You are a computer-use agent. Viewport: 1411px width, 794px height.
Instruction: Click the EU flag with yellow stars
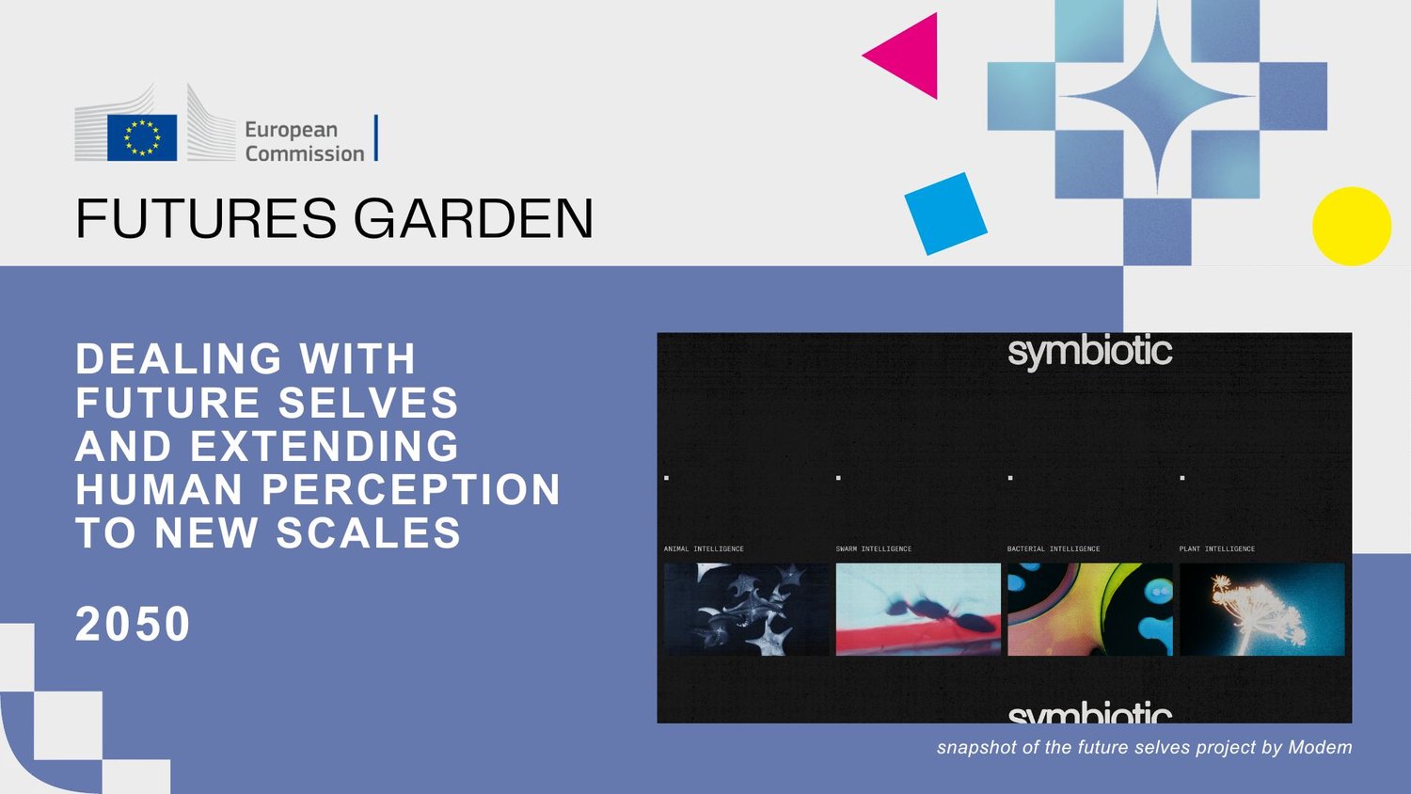[142, 137]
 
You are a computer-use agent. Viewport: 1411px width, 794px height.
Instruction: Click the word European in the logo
[291, 130]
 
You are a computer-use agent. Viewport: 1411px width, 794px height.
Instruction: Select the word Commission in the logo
[305, 153]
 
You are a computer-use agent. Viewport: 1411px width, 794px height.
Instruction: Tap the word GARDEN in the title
[473, 218]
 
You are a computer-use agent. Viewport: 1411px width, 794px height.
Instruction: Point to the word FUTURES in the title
[206, 218]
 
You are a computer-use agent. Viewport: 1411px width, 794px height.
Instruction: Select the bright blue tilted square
[945, 214]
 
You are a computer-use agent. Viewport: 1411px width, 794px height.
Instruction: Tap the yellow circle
[1352, 226]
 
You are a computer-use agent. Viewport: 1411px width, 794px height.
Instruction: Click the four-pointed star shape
[1157, 97]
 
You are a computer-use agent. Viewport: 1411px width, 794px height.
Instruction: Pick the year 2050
[133, 624]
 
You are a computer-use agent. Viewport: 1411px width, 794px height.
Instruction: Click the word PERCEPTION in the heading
[411, 489]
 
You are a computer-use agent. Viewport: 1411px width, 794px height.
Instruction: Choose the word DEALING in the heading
[179, 358]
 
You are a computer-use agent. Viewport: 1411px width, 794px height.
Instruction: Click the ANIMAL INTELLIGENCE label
[704, 548]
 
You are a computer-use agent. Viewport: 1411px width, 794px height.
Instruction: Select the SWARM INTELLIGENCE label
[874, 548]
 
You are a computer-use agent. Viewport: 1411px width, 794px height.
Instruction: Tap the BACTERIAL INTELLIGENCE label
[1054, 548]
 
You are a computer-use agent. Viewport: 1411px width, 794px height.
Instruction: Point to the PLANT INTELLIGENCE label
[1217, 548]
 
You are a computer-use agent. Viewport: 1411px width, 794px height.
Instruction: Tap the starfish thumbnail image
[747, 610]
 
